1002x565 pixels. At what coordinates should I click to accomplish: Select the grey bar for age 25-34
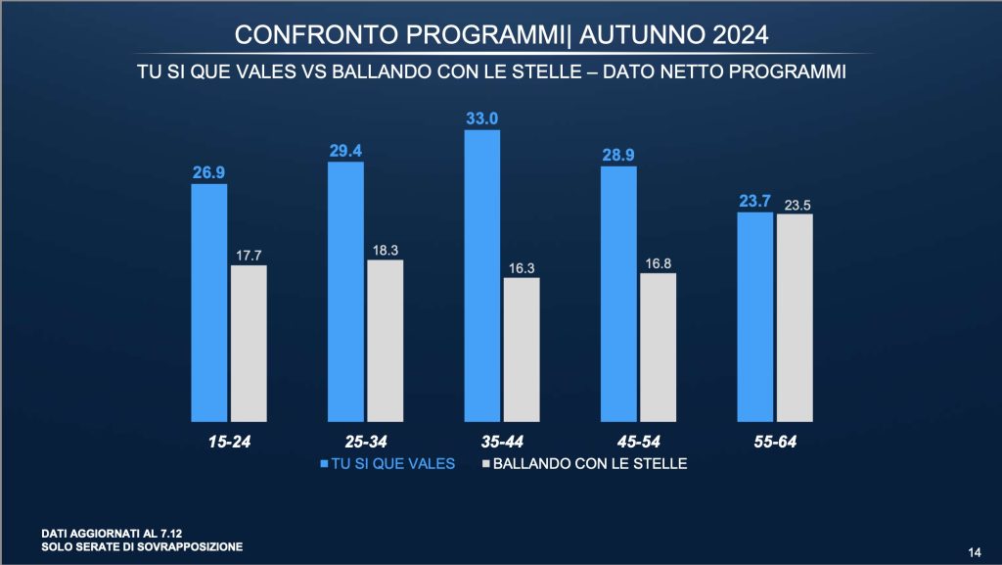coord(385,338)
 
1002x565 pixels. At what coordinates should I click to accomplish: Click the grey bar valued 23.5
coord(795,314)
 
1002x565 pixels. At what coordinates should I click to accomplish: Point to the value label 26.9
coord(208,172)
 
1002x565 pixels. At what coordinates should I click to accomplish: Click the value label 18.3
coord(385,251)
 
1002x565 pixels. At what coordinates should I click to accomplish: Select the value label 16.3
coord(521,267)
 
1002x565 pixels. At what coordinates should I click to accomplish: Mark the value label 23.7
coord(755,201)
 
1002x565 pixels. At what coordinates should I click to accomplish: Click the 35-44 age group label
coord(501,441)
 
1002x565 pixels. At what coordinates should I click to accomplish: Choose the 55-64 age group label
coord(774,441)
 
